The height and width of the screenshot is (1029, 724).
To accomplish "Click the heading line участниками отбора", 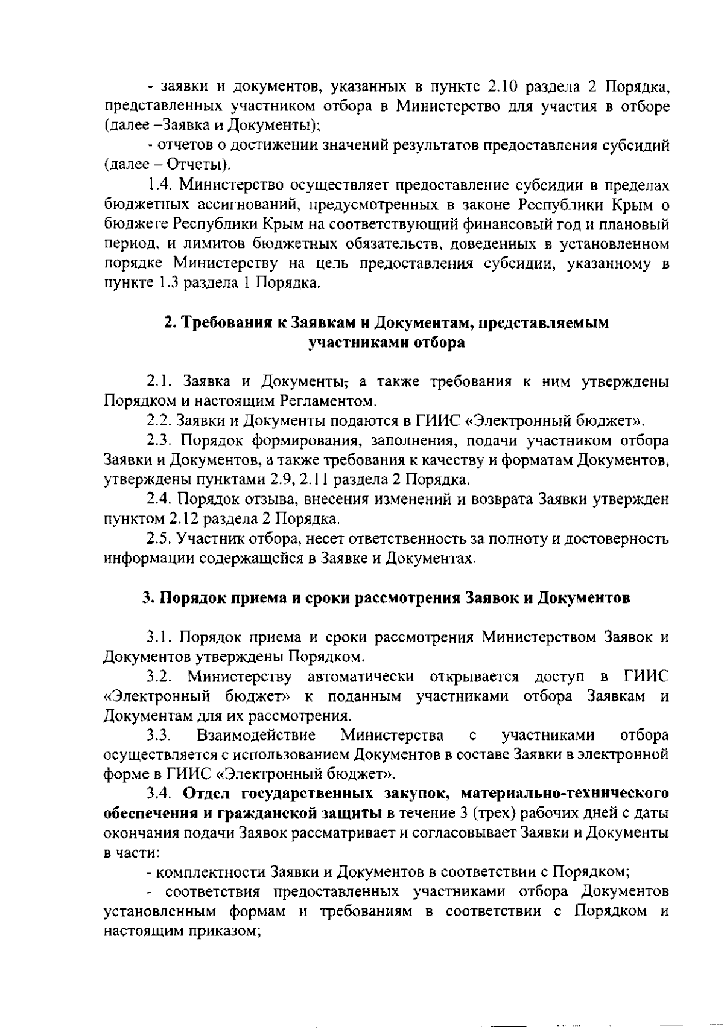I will click(x=386, y=343).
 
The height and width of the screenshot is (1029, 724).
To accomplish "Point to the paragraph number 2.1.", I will click(x=160, y=381).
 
